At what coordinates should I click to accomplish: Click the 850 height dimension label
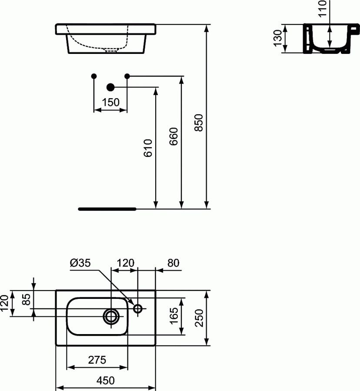(199, 123)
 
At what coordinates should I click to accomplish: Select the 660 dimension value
(173, 136)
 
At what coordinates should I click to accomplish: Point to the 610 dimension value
(148, 148)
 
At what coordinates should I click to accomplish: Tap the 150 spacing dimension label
(110, 103)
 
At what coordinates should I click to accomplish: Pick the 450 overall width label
(105, 381)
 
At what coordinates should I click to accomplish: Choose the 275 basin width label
(97, 360)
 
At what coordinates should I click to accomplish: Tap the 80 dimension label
(172, 263)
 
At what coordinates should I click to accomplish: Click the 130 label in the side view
(277, 39)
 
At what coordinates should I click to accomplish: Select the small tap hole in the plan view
(138, 309)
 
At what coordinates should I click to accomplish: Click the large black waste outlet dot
(110, 87)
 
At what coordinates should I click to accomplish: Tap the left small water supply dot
(94, 76)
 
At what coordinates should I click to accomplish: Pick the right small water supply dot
(127, 76)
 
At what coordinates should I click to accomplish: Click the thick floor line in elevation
(107, 209)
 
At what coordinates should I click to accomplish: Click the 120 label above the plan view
(125, 263)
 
